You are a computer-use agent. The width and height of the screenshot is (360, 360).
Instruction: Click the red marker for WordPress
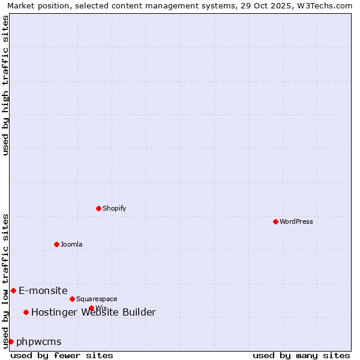coord(275,221)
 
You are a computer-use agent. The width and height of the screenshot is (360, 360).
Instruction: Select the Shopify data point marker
coord(98,208)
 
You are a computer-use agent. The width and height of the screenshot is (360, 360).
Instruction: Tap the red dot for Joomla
coord(56,244)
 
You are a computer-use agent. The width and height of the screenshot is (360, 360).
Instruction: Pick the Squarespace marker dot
coord(72,299)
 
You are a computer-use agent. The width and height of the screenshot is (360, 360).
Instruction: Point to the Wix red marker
coord(91,308)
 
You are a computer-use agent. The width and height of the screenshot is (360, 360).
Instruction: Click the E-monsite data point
coord(13,290)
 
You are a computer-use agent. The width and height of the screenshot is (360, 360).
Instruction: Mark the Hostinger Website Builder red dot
coord(26,312)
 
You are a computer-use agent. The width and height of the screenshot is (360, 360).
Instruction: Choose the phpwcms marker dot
coord(11,341)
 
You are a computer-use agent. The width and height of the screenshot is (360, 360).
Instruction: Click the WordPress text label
coord(296,221)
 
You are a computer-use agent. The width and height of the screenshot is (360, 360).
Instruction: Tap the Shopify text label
coord(115,208)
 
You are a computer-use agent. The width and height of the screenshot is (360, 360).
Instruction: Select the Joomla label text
coord(71,244)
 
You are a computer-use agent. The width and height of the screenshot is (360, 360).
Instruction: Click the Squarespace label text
coord(97,299)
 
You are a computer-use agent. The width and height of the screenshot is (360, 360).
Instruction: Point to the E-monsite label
coord(43,290)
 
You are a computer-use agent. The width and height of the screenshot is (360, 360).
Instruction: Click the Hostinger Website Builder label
coord(94,312)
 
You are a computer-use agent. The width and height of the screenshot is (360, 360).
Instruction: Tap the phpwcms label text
coord(39,341)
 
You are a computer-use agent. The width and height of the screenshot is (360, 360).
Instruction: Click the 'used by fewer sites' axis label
coord(62,355)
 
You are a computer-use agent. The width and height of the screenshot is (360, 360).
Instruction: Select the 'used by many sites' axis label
coord(301,355)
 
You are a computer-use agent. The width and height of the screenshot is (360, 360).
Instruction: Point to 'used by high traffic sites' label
coord(5,85)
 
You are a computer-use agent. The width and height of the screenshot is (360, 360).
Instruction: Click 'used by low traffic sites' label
coord(5,281)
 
